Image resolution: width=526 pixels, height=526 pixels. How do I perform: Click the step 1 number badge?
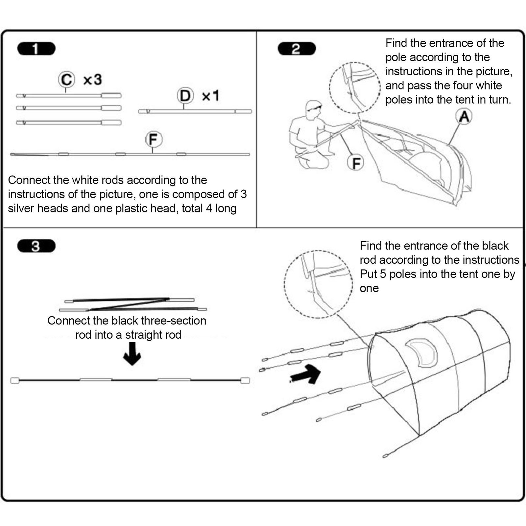pos(36,49)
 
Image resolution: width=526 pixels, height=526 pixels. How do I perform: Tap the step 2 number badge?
pos(297,49)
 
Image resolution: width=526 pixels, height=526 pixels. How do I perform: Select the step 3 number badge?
pos(36,246)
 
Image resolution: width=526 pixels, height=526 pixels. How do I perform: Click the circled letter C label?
pos(66,80)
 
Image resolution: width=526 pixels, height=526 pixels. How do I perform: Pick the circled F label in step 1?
pos(154,139)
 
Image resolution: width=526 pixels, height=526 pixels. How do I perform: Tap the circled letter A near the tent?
pos(464,117)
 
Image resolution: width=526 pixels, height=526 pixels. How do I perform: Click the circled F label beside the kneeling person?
pos(356,163)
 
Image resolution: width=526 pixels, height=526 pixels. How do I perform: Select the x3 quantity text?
pos(92,80)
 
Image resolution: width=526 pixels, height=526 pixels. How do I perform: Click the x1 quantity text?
pos(210,96)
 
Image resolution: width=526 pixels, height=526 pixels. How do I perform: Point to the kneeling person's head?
pos(313,109)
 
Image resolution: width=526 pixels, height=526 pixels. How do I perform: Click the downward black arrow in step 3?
pos(132,354)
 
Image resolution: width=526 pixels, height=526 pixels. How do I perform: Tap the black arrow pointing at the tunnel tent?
pos(306,374)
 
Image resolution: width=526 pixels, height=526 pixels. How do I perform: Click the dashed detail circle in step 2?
pos(355,88)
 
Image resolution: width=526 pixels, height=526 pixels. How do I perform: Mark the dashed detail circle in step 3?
pos(318,284)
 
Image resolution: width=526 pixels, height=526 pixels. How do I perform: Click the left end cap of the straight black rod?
pos(15,380)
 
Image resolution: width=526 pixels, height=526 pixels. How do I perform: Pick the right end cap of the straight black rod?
pos(245,380)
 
